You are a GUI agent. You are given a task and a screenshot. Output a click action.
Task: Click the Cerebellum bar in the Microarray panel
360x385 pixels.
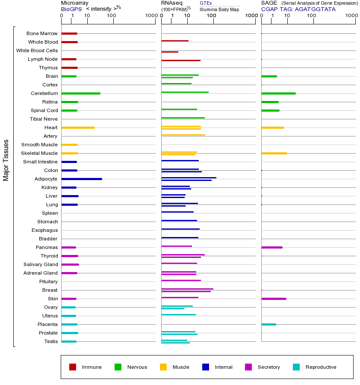click(x=81, y=93)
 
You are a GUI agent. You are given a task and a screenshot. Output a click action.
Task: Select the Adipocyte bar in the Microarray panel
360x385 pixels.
click(x=82, y=179)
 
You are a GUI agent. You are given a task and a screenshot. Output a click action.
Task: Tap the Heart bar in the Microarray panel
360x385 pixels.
click(x=78, y=127)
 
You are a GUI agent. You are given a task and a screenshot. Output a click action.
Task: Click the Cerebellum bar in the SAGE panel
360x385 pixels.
click(x=278, y=93)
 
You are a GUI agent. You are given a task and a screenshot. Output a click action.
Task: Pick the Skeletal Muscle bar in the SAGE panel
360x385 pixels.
click(x=274, y=153)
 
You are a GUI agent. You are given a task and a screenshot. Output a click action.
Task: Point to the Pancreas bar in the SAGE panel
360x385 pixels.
click(x=272, y=247)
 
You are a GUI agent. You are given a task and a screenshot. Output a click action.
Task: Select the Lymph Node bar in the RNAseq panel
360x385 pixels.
click(x=181, y=60)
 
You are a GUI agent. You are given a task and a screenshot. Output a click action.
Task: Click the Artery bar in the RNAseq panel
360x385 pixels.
click(x=183, y=135)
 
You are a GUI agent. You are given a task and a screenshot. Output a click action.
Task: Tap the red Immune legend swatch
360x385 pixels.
click(x=73, y=367)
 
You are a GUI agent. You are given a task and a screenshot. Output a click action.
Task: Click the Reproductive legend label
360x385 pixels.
click(x=321, y=367)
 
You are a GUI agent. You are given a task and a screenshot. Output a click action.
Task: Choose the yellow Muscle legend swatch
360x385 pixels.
click(x=163, y=367)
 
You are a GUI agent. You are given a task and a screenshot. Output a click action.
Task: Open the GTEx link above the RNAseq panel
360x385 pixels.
click(x=206, y=3)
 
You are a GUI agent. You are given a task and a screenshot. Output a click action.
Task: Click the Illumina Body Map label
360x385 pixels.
click(x=219, y=9)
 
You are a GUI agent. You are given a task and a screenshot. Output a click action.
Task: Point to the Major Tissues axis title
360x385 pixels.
click(x=6, y=160)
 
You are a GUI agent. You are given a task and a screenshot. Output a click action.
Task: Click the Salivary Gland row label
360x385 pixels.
click(x=41, y=264)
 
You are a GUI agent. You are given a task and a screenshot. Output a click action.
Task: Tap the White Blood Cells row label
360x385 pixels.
click(x=37, y=50)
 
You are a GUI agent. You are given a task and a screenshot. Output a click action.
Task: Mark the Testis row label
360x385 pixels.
click(x=51, y=341)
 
